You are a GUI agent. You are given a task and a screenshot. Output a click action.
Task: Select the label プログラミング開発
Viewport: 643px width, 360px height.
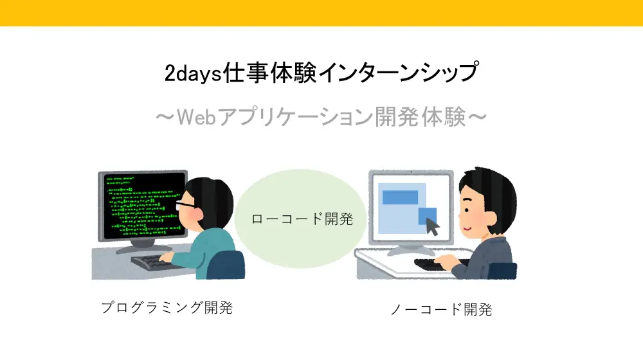click(167, 307)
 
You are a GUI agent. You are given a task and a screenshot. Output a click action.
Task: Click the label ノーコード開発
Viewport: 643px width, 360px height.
click(441, 310)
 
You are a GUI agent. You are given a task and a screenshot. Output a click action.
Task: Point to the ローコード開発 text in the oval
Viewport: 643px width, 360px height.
click(302, 219)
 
